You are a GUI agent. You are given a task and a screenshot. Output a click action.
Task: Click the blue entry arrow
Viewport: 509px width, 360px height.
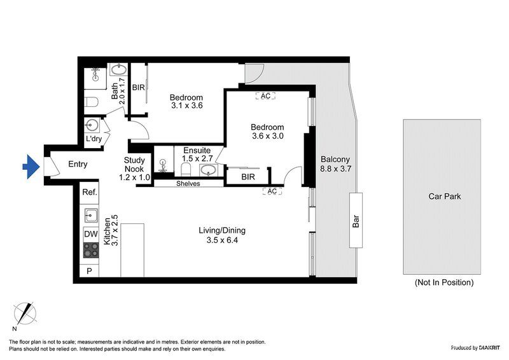pos(31,167)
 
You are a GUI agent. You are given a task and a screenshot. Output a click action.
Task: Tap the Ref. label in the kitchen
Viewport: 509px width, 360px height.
pos(90,192)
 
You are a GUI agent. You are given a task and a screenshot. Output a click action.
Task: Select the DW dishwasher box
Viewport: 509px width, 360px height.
pos(91,234)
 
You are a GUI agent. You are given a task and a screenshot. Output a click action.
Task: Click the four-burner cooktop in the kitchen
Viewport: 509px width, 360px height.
pos(91,250)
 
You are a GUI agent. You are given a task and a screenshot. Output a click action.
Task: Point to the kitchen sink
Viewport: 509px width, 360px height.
pos(91,215)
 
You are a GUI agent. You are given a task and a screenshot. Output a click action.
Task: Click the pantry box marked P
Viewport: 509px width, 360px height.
pos(89,271)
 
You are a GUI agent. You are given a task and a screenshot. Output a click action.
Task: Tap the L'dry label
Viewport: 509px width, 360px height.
pos(94,139)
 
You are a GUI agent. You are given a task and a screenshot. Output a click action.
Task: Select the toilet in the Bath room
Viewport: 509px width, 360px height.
pos(91,102)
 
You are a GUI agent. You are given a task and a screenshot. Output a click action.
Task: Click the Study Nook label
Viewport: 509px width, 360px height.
pos(134,165)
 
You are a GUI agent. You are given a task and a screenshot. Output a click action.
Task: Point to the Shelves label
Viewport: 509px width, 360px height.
pos(188,184)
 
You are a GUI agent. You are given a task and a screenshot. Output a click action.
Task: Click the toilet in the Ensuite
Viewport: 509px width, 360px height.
pos(186,169)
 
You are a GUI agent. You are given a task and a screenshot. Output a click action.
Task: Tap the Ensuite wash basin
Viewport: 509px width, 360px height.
pos(209,170)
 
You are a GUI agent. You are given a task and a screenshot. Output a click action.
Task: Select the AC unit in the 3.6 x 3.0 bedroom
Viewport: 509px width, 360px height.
pos(265,96)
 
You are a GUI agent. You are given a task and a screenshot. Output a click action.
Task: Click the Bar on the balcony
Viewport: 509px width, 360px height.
pos(356,220)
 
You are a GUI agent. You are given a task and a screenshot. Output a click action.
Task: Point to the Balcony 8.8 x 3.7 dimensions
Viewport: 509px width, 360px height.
pos(336,169)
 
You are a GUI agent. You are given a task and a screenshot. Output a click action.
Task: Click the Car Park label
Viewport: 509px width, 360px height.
pos(444,197)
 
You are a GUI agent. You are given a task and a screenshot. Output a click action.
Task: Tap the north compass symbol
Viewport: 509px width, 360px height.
pos(25,314)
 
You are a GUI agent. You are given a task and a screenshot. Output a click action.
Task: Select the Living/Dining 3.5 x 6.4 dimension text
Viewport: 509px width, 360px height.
pos(222,240)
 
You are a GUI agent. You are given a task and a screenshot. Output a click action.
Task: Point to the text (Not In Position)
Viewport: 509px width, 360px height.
pos(444,282)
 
